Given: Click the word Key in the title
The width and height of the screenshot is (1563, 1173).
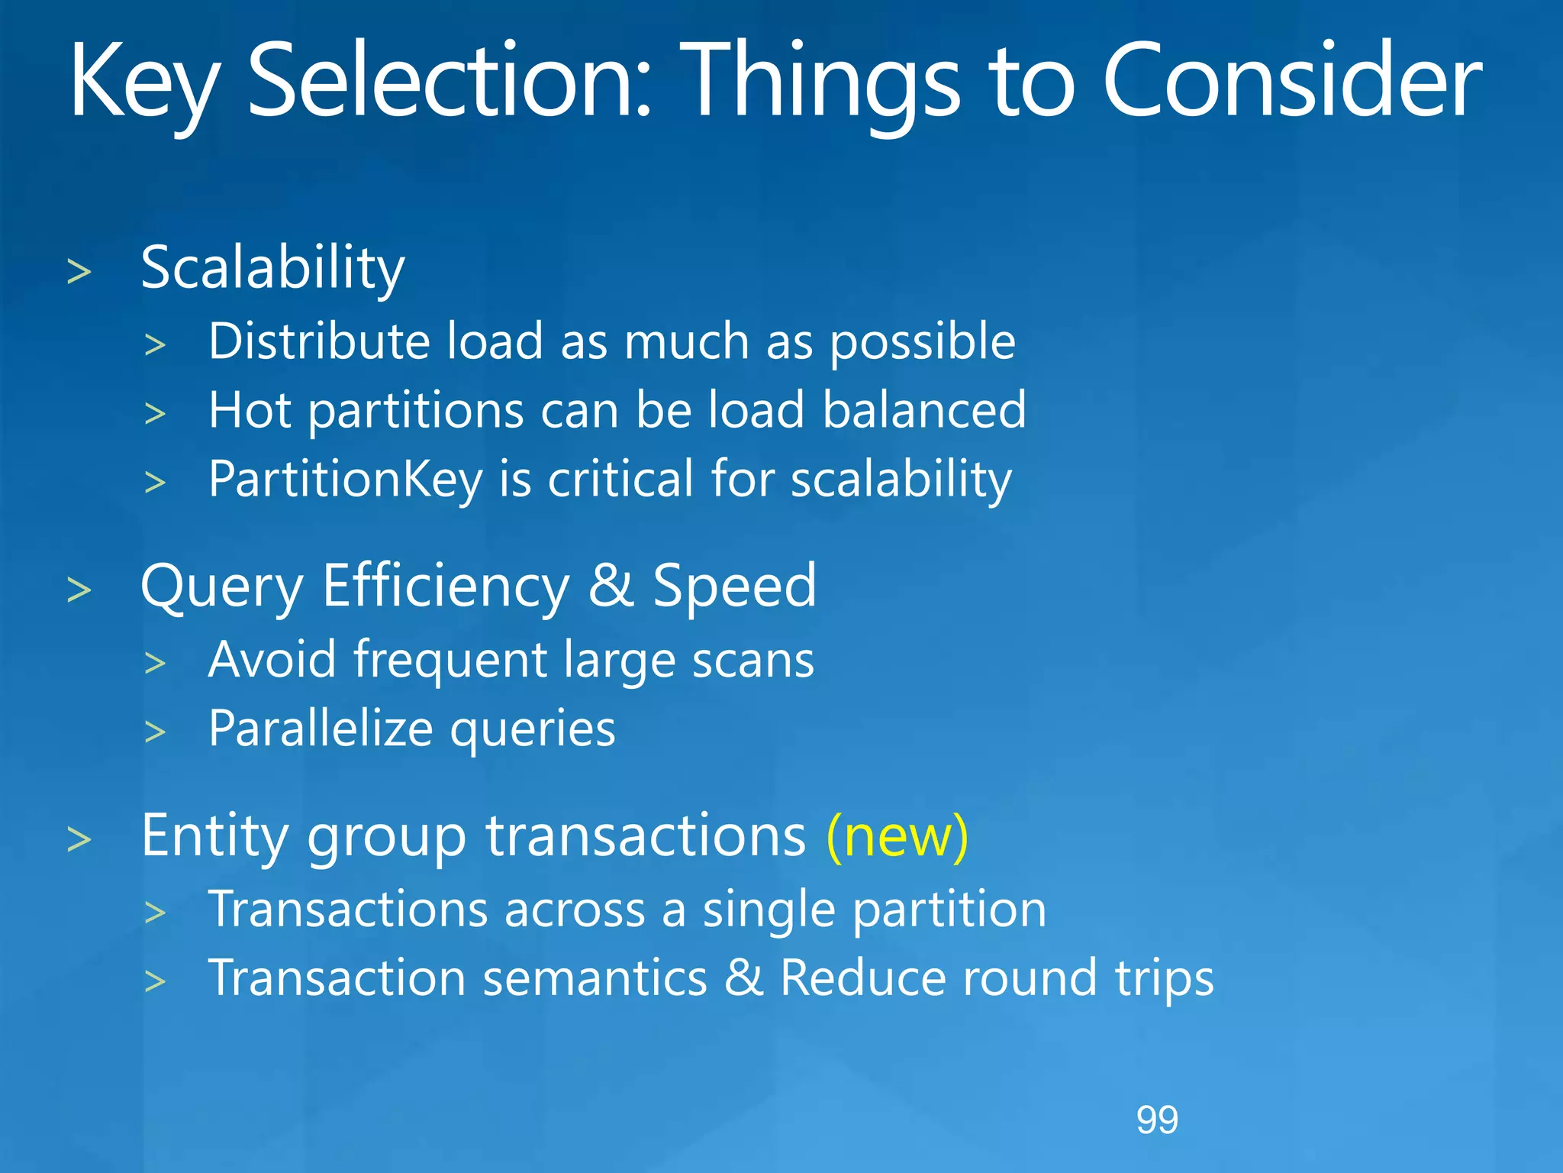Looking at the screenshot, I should pyautogui.click(x=145, y=82).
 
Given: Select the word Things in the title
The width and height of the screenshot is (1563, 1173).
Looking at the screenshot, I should pyautogui.click(x=820, y=82).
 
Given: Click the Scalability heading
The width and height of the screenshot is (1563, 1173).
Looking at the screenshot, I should pyautogui.click(x=272, y=269).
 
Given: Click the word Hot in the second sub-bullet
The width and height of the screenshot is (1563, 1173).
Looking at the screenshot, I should pyautogui.click(x=250, y=410).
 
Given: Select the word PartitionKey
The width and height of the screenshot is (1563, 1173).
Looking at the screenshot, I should pyautogui.click(x=346, y=480).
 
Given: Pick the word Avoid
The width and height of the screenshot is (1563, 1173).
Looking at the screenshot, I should pyautogui.click(x=272, y=660).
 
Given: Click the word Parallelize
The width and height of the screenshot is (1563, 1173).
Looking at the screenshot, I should pyautogui.click(x=321, y=729).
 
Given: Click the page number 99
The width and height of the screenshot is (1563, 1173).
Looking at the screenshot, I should pyautogui.click(x=1157, y=1120).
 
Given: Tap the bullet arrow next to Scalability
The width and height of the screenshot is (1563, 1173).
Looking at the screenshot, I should pyautogui.click(x=79, y=273).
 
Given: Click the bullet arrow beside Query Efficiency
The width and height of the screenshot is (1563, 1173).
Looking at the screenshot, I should pyautogui.click(x=79, y=590).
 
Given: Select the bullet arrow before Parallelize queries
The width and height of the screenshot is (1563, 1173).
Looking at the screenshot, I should pyautogui.click(x=155, y=732).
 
